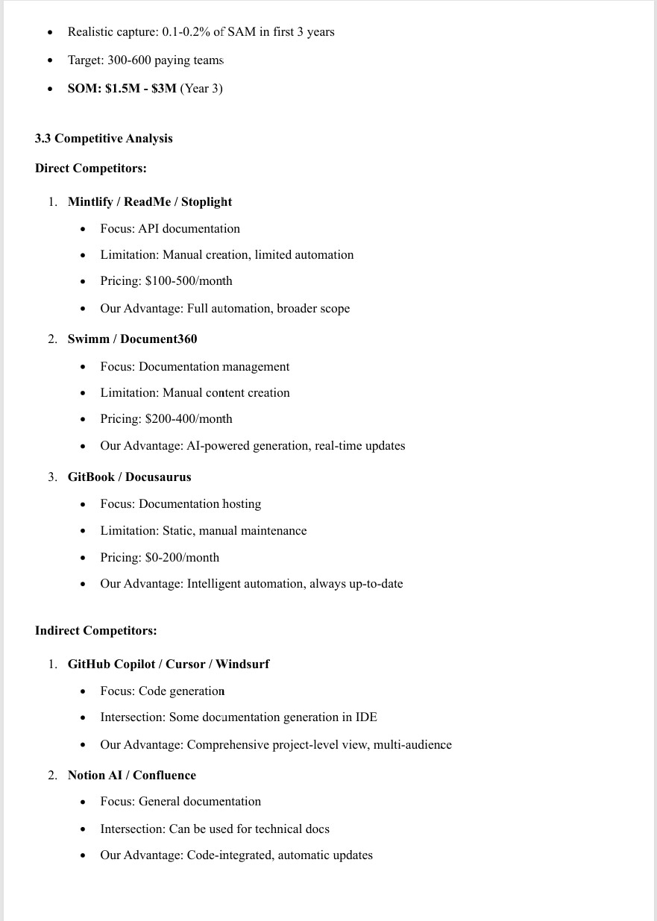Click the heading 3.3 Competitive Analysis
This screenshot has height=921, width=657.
(104, 139)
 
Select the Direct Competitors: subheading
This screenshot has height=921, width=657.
(90, 169)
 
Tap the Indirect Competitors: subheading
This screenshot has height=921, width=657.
(95, 631)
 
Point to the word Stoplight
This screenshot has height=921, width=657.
(207, 202)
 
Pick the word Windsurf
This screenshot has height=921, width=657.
(242, 664)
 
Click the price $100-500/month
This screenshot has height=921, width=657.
(189, 281)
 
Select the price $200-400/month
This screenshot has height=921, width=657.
(189, 419)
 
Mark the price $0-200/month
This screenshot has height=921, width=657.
(182, 558)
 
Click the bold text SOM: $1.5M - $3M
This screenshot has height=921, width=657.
(122, 89)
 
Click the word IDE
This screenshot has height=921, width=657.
(366, 717)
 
